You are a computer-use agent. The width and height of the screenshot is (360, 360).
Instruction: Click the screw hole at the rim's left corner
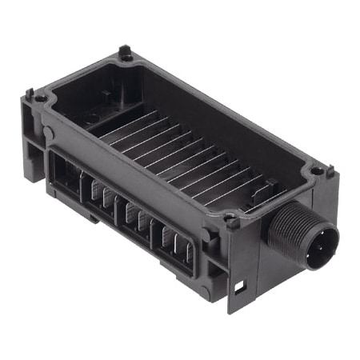(40, 98)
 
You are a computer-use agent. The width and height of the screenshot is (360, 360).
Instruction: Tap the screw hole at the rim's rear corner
(126, 56)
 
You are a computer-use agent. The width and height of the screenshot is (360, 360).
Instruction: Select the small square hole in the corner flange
(238, 286)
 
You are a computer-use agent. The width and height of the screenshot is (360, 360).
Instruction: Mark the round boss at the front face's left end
(47, 132)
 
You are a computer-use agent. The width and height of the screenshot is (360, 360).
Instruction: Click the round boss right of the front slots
(210, 238)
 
